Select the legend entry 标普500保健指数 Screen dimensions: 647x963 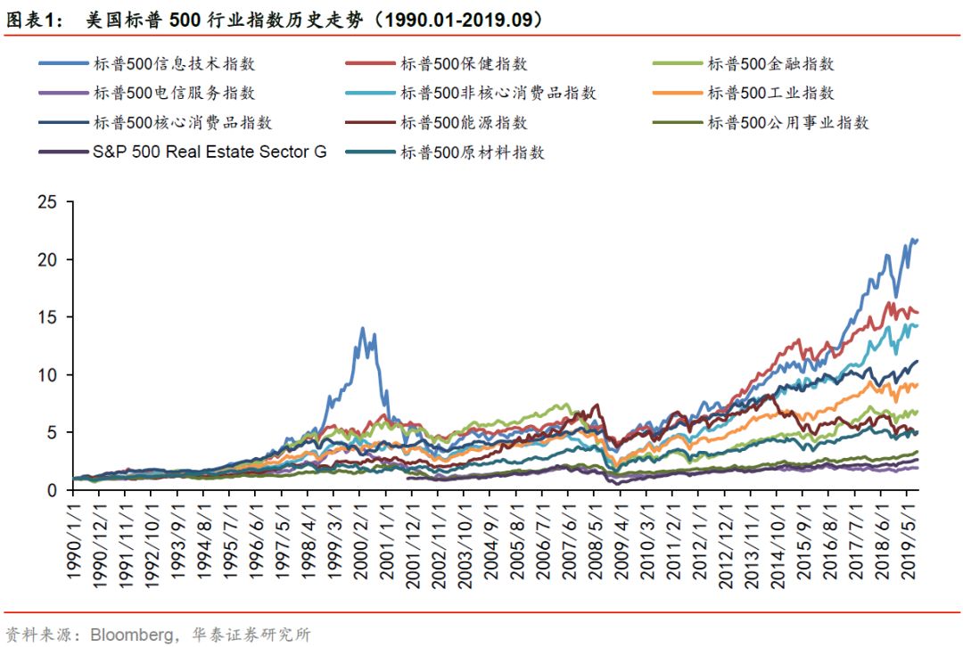464,64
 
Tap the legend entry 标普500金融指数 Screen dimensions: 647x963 770,64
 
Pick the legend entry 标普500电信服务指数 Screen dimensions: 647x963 174,93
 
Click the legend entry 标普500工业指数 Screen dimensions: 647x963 770,93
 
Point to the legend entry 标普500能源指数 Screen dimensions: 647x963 464,123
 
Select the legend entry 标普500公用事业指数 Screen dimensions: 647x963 788,123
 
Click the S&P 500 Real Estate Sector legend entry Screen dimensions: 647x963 209,152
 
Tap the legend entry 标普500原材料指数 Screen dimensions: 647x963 473,152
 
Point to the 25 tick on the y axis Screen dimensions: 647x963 48,202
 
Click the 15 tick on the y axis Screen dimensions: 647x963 48,317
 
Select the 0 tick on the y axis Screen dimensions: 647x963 53,490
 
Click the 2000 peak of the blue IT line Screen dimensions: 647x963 362,328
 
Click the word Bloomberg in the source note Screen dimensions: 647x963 125,635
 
